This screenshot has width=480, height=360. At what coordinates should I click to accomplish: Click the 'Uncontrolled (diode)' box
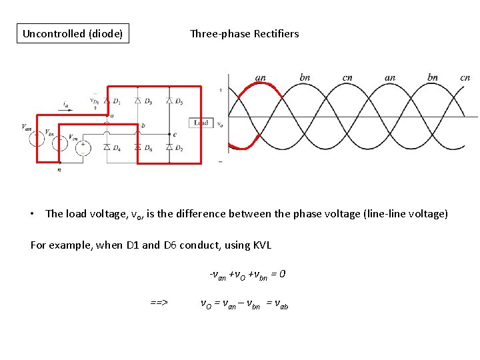[73, 33]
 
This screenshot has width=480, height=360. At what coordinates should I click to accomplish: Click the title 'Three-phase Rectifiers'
[244, 33]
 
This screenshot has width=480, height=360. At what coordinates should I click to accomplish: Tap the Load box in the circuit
[201, 123]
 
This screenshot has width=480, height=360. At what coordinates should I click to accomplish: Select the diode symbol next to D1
[107, 101]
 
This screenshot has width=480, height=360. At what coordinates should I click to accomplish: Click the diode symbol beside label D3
[137, 101]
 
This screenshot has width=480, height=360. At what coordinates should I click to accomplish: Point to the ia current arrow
[65, 109]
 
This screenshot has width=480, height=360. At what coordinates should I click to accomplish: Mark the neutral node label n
[60, 169]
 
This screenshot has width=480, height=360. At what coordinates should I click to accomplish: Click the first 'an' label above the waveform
[261, 77]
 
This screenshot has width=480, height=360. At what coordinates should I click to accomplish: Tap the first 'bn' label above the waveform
[305, 77]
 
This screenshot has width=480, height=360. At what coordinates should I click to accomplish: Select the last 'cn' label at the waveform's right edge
[465, 77]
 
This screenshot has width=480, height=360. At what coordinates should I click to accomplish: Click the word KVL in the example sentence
[262, 245]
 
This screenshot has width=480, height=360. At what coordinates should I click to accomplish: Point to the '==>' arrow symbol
[159, 303]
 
